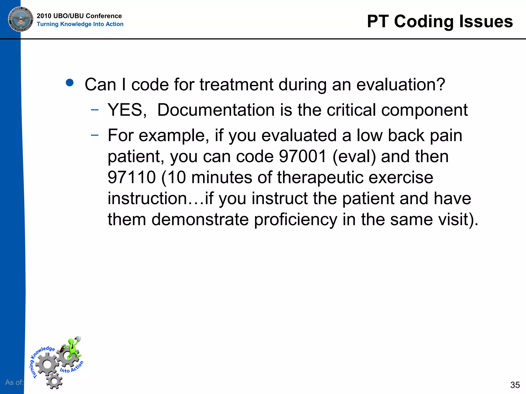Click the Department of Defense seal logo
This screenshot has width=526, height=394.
point(21,19)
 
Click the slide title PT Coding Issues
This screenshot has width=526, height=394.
point(440,21)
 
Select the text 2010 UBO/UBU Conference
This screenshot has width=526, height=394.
point(79,16)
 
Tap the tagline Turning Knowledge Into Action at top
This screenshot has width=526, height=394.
point(80,24)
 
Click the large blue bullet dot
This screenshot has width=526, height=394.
point(70,83)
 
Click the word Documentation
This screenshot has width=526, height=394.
point(216,110)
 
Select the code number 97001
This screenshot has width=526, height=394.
point(302,156)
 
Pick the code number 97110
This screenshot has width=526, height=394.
point(131,177)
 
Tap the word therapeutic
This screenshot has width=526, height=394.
point(320,177)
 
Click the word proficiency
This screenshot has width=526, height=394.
point(295,220)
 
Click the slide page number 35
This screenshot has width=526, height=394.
point(515,385)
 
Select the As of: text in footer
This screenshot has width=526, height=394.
point(14,382)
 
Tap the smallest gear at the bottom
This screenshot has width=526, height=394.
point(54,381)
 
